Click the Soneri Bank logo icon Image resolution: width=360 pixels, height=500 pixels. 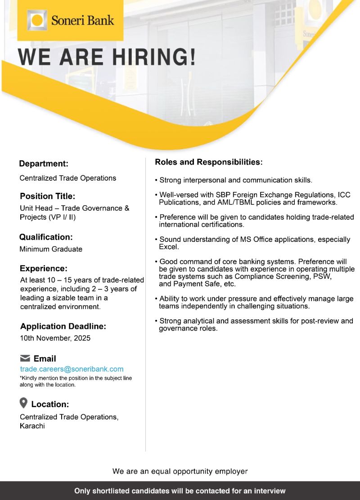click(x=37, y=21)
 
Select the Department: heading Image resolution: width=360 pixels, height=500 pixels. click(x=44, y=164)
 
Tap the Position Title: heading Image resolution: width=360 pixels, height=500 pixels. click(x=47, y=196)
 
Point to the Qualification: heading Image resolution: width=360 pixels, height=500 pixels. click(x=46, y=237)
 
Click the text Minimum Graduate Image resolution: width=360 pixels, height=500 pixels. click(x=51, y=249)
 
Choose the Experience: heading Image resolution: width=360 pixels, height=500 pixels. click(x=44, y=268)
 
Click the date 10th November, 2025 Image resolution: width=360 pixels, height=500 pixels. click(x=55, y=338)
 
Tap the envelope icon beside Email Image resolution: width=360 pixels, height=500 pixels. click(x=25, y=359)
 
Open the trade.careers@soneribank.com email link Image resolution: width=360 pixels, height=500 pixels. click(x=72, y=369)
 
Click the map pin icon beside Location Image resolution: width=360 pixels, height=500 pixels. click(x=24, y=403)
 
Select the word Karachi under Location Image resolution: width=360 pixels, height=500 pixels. click(x=32, y=426)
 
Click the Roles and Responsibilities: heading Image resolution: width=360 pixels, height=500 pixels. click(x=208, y=162)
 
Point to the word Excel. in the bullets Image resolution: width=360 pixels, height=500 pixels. click(x=169, y=247)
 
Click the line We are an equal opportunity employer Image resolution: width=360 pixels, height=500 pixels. click(x=180, y=471)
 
